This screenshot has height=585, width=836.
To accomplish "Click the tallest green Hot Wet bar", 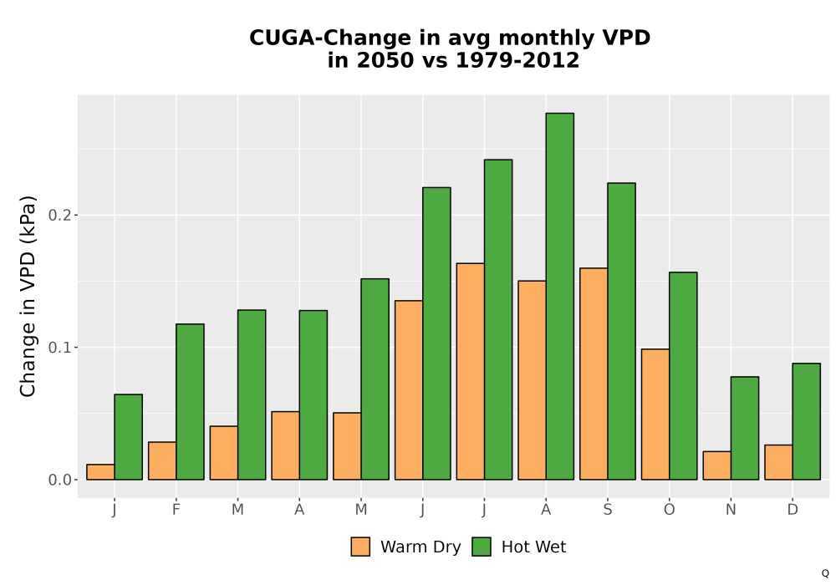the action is click(x=560, y=296).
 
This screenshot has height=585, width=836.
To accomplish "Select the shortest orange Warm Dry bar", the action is click(x=101, y=472).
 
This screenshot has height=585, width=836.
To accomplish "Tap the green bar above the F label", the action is click(x=190, y=402).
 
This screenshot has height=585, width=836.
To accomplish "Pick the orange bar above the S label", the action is click(x=594, y=374).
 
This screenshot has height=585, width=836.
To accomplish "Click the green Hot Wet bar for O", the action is click(x=683, y=376).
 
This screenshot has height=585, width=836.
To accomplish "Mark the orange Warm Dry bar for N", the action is click(x=717, y=465).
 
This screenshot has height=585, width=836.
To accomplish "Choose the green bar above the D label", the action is click(x=806, y=421).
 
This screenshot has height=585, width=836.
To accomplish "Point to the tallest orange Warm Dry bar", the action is click(x=470, y=371).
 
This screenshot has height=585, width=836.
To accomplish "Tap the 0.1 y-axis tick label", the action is click(x=59, y=348).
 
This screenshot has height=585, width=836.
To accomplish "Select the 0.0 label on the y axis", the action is click(x=59, y=480).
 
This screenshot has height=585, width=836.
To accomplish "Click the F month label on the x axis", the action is click(x=176, y=510).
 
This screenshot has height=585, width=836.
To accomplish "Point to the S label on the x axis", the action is click(x=608, y=510).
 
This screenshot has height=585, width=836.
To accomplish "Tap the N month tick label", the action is click(x=731, y=510).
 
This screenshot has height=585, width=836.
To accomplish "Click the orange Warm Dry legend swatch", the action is click(x=360, y=547).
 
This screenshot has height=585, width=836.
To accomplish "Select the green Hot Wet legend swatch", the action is click(x=482, y=547).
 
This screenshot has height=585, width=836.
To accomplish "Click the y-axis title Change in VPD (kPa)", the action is click(x=28, y=297).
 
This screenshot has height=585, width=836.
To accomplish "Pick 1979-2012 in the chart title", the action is click(x=517, y=60).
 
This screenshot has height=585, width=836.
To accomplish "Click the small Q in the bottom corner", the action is click(x=825, y=573).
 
